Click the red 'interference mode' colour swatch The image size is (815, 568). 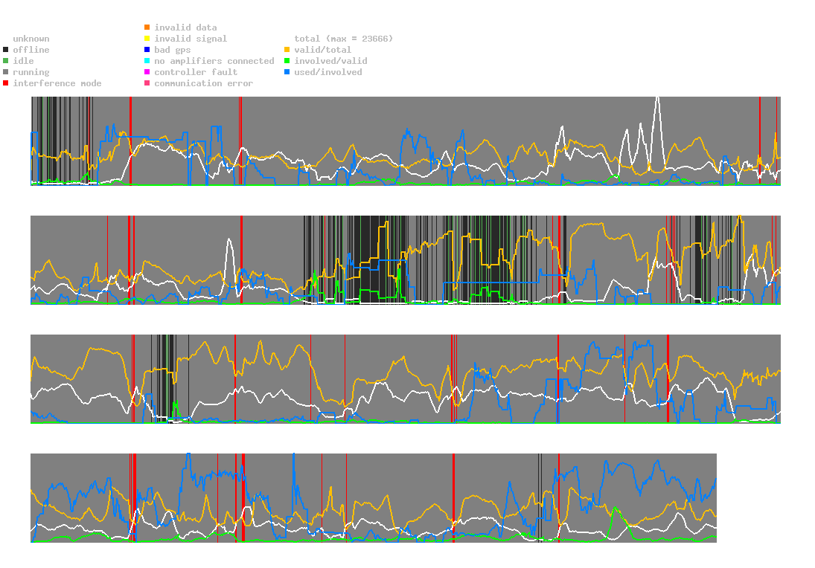pyautogui.click(x=6, y=83)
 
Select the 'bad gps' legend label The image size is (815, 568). pyautogui.click(x=173, y=50)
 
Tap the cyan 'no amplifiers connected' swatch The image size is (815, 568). pyautogui.click(x=147, y=61)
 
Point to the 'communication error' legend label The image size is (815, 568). pyautogui.click(x=203, y=83)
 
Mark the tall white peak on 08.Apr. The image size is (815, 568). pyautogui.click(x=657, y=97)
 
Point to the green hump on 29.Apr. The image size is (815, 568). pyautogui.click(x=615, y=509)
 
